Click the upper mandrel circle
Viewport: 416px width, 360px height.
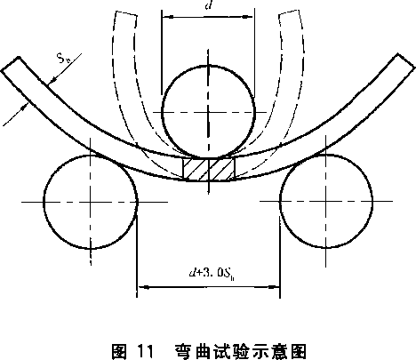[x=162, y=111]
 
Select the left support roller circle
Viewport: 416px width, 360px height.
[x=44, y=202]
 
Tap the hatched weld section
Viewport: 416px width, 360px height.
[x=209, y=169]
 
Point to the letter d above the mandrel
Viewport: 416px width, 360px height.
[x=208, y=5]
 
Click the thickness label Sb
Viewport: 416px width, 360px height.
[x=64, y=58]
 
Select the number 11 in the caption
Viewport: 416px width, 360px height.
[x=146, y=351]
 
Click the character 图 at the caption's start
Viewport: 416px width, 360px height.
[x=120, y=351]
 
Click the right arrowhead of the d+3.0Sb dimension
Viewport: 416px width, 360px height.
[x=274, y=287]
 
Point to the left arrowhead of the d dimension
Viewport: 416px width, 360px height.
[x=168, y=17]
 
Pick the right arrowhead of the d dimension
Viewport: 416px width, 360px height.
[x=248, y=17]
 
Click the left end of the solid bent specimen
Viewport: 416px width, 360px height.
[x=11, y=64]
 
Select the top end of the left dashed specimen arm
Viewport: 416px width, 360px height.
[x=125, y=13]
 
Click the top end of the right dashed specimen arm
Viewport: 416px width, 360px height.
[x=290, y=12]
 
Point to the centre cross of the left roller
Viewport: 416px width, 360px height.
[x=91, y=202]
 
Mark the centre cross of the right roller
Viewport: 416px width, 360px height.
[x=326, y=201]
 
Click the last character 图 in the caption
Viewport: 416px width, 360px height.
[x=298, y=351]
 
